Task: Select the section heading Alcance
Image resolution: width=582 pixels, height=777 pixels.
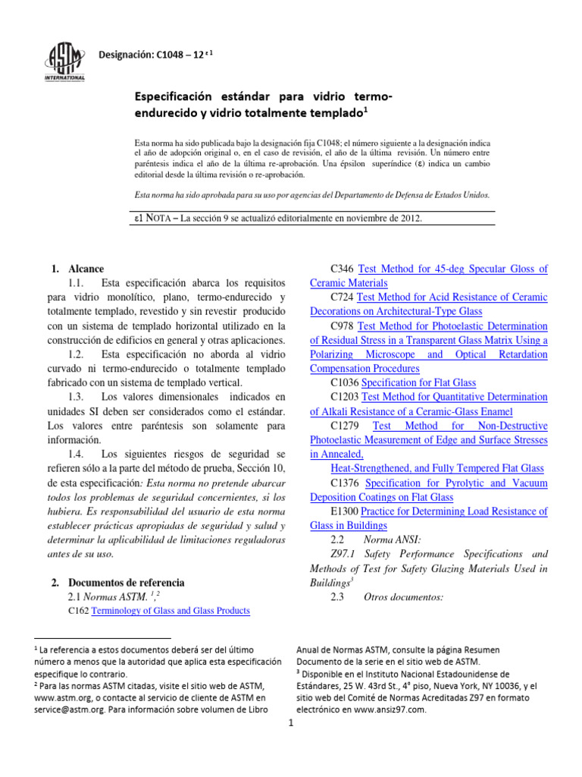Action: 86,269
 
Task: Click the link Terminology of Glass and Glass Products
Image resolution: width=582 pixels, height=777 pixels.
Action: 171,611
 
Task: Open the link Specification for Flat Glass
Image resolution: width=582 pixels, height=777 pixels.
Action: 418,382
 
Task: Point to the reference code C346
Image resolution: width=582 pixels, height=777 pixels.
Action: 343,269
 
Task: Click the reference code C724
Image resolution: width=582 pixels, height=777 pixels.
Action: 343,297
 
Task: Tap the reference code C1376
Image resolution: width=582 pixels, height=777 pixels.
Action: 346,483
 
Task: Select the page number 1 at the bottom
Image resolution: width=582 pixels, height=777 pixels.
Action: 290,723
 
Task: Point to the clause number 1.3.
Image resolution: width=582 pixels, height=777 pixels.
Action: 79,397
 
